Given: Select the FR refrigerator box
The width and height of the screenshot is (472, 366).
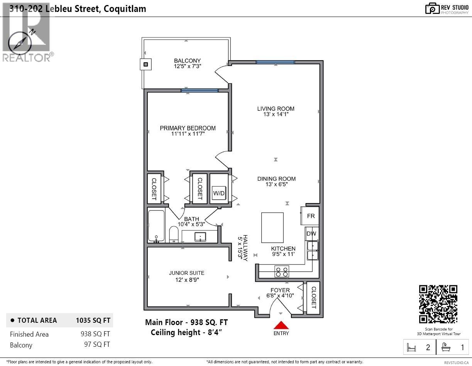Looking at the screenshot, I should pyautogui.click(x=310, y=216).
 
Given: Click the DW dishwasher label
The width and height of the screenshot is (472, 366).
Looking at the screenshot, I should pyautogui.click(x=311, y=233).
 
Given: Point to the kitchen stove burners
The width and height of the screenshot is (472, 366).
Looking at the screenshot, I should pyautogui.click(x=281, y=272).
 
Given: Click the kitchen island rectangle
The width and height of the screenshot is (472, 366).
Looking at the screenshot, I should pyautogui.click(x=272, y=227).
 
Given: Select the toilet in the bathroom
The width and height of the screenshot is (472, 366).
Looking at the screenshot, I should pyautogui.click(x=174, y=234).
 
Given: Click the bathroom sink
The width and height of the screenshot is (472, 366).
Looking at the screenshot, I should pyautogui.click(x=200, y=236).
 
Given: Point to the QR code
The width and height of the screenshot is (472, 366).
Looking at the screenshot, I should pyautogui.click(x=438, y=304).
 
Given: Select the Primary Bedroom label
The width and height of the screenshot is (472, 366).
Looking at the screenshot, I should pyautogui.click(x=188, y=128).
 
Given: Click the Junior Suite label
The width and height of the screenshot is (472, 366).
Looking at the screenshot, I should pyautogui.click(x=186, y=273).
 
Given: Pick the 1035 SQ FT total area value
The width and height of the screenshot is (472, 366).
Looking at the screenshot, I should pyautogui.click(x=93, y=320).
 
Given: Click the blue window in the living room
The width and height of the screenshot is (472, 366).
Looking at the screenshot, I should pyautogui.click(x=275, y=62).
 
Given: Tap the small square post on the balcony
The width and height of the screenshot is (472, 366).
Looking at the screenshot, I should pyautogui.click(x=145, y=64).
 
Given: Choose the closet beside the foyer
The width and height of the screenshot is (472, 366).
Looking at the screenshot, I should pyautogui.click(x=313, y=297).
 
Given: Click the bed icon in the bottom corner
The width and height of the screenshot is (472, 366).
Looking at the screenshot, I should pyautogui.click(x=412, y=347).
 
